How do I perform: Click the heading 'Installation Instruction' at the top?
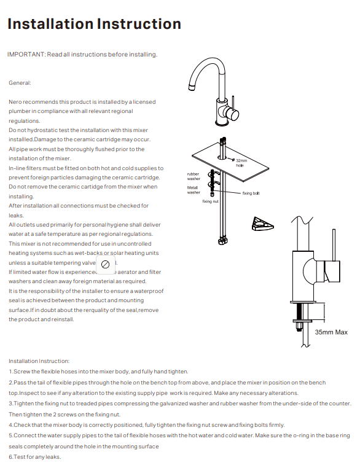point(94,24)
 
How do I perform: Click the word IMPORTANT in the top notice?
point(26,55)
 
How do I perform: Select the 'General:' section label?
point(20,82)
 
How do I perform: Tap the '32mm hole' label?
point(240,163)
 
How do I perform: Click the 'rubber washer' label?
point(194,176)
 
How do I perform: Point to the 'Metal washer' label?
point(194,190)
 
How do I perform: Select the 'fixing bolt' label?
point(251,193)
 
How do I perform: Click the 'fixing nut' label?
point(210,201)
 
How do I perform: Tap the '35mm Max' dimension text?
point(331,332)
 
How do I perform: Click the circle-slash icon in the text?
point(105,264)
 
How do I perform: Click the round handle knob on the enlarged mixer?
point(332,271)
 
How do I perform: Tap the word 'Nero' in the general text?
point(15,101)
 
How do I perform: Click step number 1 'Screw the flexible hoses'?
point(98,372)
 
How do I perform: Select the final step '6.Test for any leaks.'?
point(34,456)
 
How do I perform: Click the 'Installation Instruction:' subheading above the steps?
point(39,361)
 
